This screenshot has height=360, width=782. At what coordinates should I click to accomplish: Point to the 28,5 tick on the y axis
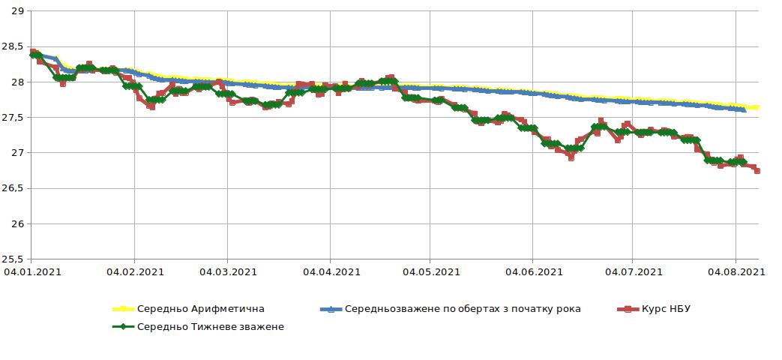pyautogui.click(x=13, y=46)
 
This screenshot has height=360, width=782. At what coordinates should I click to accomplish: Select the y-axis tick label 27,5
pyautogui.click(x=13, y=118)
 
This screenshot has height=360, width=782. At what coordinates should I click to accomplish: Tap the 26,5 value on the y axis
pyautogui.click(x=13, y=188)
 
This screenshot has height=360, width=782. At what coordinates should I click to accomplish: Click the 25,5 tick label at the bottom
pyautogui.click(x=13, y=259)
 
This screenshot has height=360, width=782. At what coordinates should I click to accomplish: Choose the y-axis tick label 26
pyautogui.click(x=17, y=224)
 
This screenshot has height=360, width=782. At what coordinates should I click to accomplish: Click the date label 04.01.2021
pyautogui.click(x=32, y=272)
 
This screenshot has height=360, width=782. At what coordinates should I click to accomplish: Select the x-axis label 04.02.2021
pyautogui.click(x=134, y=272)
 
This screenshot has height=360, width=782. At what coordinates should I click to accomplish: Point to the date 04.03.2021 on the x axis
pyautogui.click(x=228, y=272)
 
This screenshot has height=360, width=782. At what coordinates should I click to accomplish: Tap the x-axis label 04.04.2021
pyautogui.click(x=330, y=272)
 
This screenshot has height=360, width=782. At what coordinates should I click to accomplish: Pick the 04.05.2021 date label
pyautogui.click(x=430, y=272)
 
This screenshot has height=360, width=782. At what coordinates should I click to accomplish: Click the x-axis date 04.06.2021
pyautogui.click(x=532, y=272)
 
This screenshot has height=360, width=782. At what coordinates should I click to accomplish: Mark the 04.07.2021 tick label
pyautogui.click(x=631, y=272)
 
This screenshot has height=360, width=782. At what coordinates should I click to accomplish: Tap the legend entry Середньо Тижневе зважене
pyautogui.click(x=211, y=327)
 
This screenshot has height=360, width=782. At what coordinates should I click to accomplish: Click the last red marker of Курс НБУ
pyautogui.click(x=757, y=171)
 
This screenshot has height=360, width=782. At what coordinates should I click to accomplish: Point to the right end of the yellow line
pyautogui.click(x=757, y=107)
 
